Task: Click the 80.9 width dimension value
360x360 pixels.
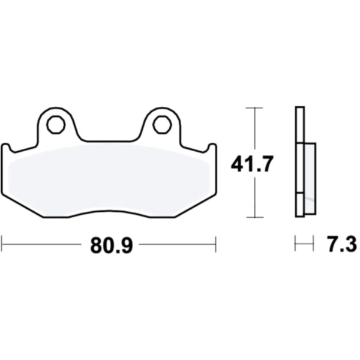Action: click(x=112, y=245)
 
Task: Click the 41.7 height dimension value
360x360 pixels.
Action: click(x=252, y=164)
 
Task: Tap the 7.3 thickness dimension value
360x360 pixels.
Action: click(x=342, y=244)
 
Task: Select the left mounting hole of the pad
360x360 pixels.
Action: click(x=56, y=125)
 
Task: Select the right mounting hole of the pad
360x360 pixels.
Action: click(x=162, y=125)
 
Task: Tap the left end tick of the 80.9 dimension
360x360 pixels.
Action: click(x=2, y=244)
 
